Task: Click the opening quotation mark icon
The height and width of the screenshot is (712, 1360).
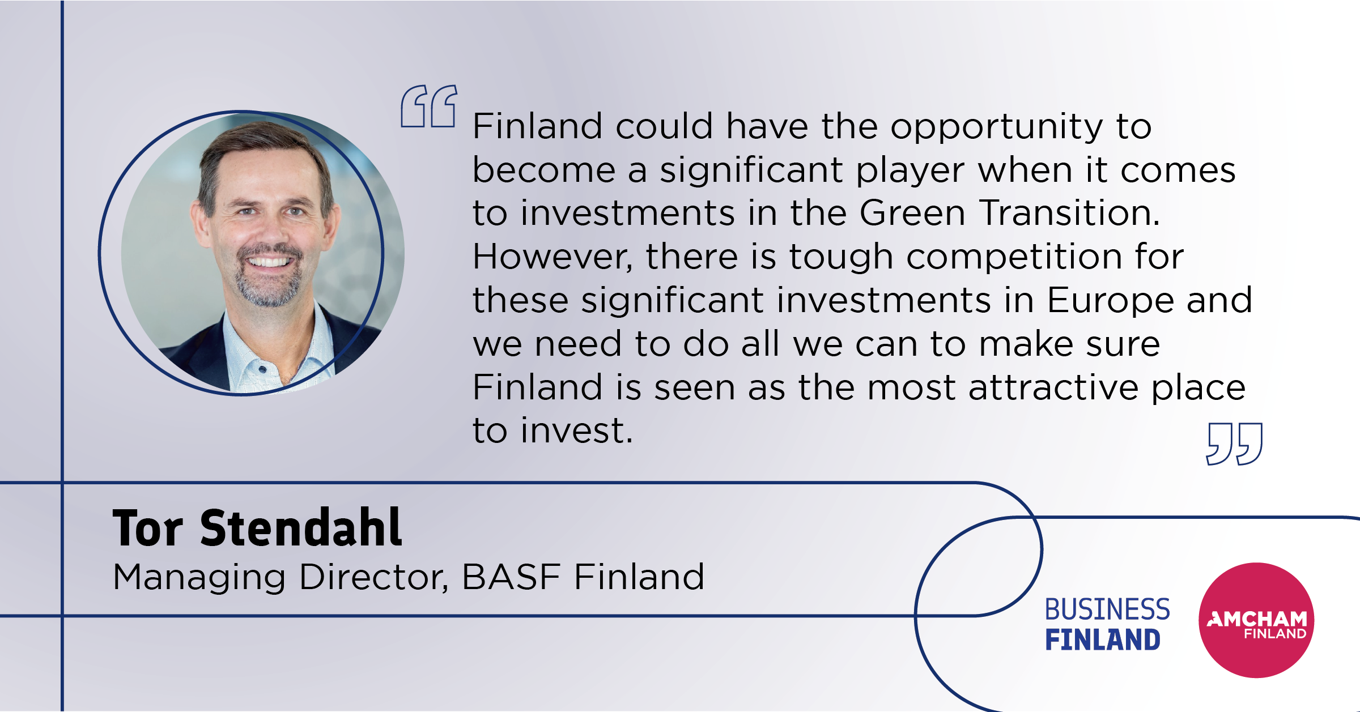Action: click(x=429, y=106)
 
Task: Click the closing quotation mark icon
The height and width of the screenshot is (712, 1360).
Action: click(x=1235, y=444)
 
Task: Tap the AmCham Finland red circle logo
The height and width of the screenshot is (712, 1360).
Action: click(x=1256, y=620)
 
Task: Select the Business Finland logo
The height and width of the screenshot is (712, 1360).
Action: click(x=1107, y=624)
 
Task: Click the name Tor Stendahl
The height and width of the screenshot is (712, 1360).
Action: click(x=257, y=528)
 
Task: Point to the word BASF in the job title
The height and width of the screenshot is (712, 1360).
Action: click(x=511, y=577)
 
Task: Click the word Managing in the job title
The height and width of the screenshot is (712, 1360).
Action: click(x=199, y=579)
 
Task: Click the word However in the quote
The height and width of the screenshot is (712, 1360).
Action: click(x=552, y=258)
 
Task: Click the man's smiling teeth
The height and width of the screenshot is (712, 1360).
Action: click(x=270, y=262)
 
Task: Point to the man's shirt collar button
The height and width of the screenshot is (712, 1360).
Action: click(x=262, y=369)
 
